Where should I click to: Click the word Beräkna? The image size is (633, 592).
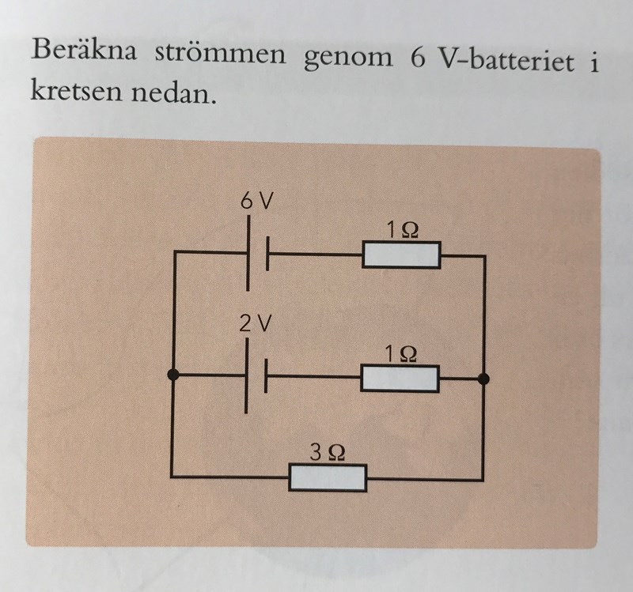click(x=84, y=50)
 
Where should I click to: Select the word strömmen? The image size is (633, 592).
click(x=220, y=54)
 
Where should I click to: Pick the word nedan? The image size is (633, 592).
click(x=172, y=92)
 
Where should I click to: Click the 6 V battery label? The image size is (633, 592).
click(x=256, y=201)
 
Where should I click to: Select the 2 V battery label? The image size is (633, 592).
click(x=255, y=323)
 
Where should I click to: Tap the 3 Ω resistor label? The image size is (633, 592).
click(x=328, y=452)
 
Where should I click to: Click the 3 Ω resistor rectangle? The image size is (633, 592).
click(x=328, y=478)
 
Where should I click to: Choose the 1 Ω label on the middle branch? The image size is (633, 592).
click(x=400, y=353)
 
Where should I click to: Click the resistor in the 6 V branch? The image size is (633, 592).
click(x=401, y=255)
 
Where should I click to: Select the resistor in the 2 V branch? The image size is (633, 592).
click(x=400, y=379)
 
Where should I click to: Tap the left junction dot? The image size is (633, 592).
click(x=173, y=375)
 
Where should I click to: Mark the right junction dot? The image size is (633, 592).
click(x=483, y=379)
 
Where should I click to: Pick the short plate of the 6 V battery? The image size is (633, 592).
click(x=267, y=254)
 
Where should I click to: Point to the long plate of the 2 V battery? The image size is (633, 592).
click(x=246, y=376)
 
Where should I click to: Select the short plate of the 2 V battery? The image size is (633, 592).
click(x=265, y=376)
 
